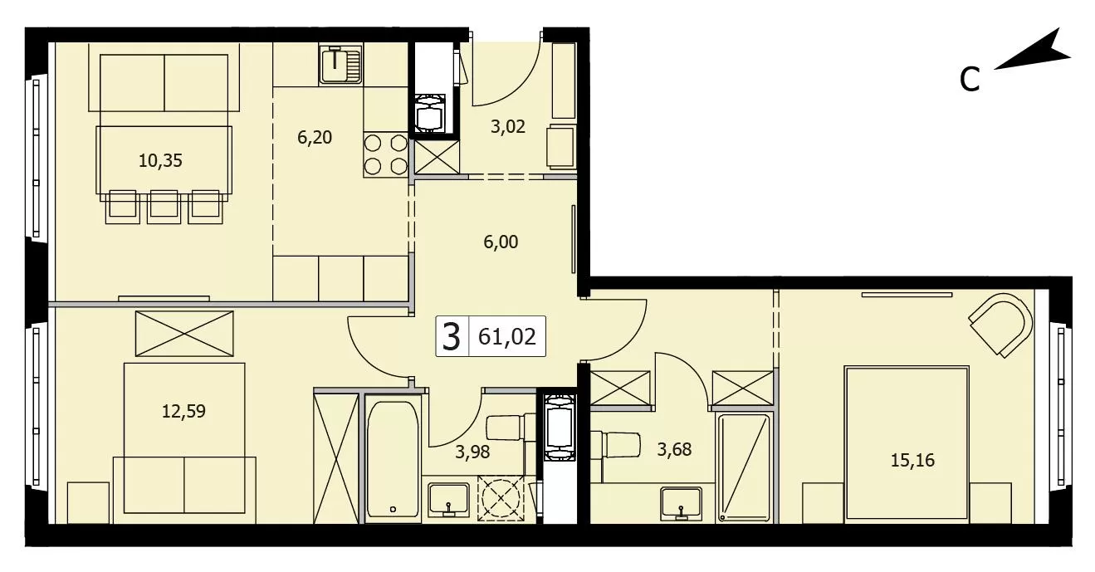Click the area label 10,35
(160, 160)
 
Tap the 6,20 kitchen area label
(315, 137)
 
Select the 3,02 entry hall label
(508, 127)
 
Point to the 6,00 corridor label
(501, 242)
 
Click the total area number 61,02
(507, 336)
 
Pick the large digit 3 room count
(451, 337)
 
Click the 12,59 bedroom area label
(183, 411)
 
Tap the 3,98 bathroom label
(472, 452)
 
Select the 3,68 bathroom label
(674, 449)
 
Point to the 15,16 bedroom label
(912, 460)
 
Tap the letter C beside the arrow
(970, 80)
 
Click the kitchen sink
(340, 64)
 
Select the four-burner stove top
(386, 155)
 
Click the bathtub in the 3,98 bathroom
(393, 459)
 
